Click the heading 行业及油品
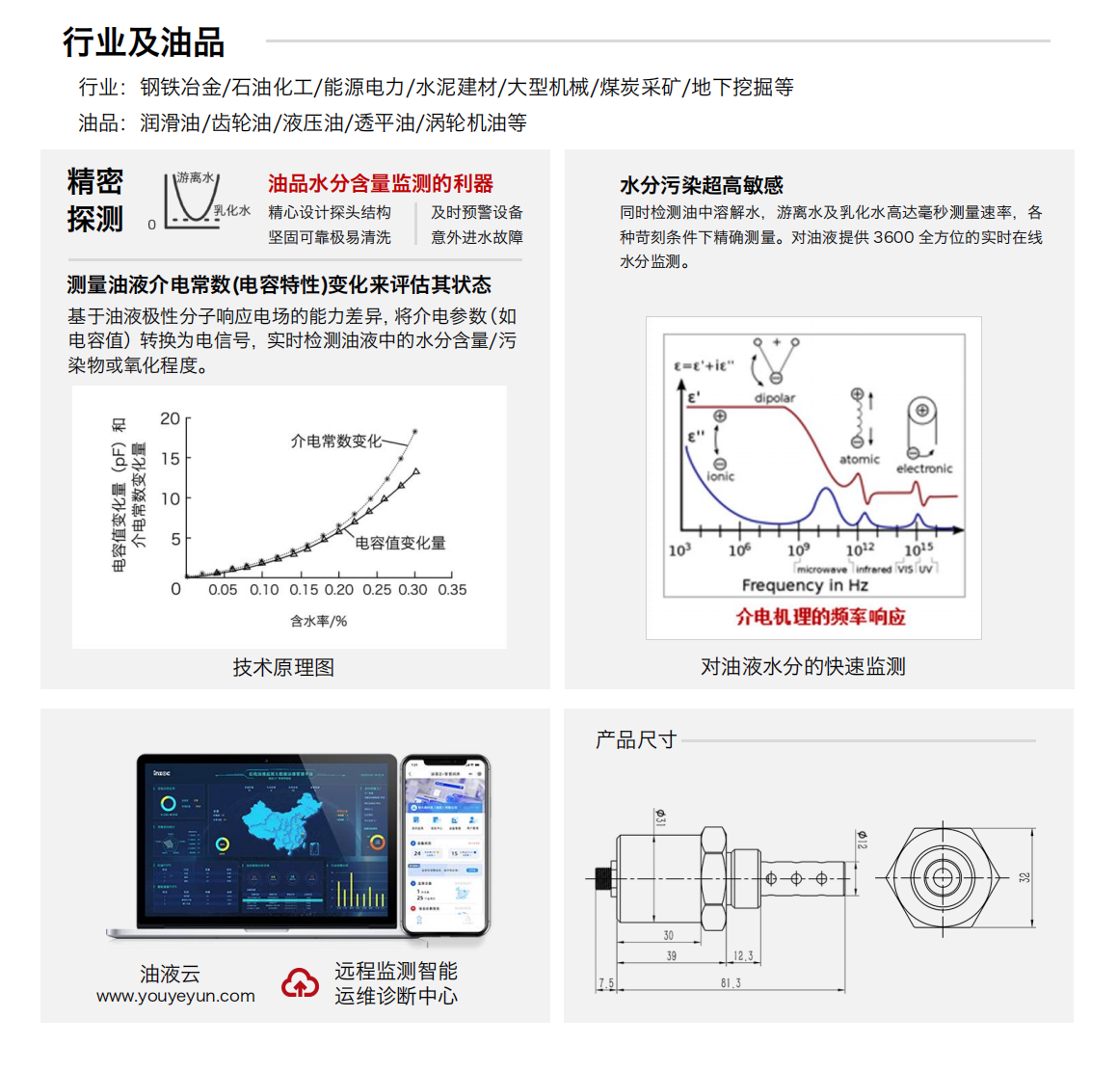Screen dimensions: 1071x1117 144,41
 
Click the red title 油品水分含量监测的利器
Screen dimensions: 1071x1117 380,183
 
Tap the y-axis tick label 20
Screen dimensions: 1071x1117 170,418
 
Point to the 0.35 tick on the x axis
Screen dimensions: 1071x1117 451,590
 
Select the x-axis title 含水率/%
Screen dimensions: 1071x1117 318,621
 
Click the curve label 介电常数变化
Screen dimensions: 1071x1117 335,441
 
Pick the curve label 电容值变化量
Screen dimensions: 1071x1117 400,543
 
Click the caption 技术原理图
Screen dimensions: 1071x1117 283,667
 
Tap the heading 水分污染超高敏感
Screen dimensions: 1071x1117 701,185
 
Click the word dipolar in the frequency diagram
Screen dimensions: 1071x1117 774,397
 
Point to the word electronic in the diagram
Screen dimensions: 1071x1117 923,469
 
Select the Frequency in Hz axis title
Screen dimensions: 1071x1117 804,585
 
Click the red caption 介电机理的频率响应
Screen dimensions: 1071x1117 820,617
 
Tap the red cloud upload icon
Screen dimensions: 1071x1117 300,983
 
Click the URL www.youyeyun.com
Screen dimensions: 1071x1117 175,997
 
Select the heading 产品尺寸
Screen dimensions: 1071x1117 636,739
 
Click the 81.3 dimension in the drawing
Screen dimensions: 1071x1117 731,983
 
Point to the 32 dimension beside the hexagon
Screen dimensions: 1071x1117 1024,877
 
